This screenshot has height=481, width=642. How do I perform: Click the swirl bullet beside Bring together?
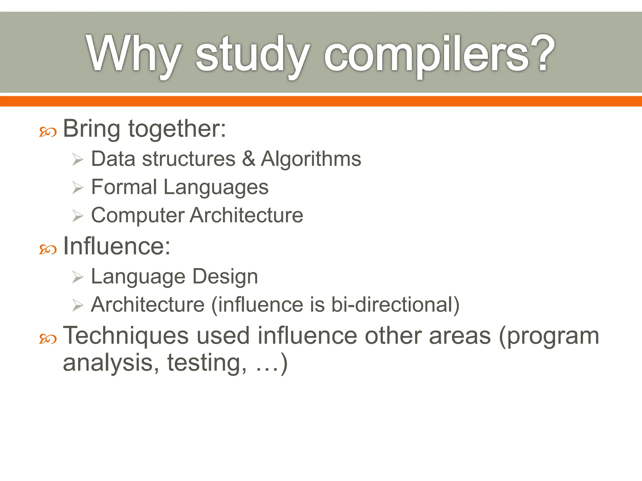[48, 132]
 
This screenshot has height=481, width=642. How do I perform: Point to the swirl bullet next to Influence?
[48, 250]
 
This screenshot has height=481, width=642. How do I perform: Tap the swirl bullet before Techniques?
[48, 339]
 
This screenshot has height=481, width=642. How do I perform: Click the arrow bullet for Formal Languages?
[77, 188]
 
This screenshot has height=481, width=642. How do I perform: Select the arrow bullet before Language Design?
[77, 277]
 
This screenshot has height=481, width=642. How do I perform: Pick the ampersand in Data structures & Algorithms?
[248, 158]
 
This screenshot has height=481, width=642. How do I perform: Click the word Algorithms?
[311, 158]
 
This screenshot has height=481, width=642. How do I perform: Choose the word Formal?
[124, 187]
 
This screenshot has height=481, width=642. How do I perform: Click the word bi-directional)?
[395, 305]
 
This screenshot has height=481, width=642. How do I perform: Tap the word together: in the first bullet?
[177, 129]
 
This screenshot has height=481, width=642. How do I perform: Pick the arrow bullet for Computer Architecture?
[77, 216]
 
